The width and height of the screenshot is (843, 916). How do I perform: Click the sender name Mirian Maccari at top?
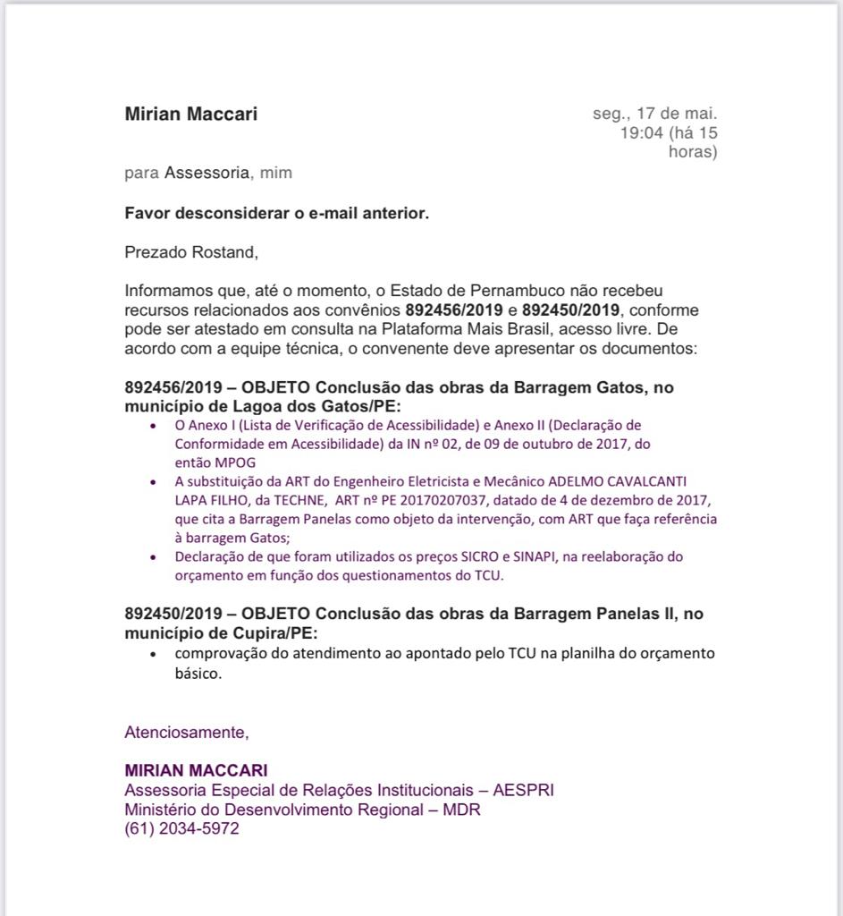(x=190, y=114)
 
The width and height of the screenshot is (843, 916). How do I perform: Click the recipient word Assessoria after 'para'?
(x=206, y=173)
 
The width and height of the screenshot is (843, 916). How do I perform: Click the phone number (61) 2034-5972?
(x=181, y=829)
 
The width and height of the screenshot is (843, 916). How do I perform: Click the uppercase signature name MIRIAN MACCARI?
(x=196, y=770)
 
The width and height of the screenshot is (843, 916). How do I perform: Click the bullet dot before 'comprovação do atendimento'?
(x=155, y=654)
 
